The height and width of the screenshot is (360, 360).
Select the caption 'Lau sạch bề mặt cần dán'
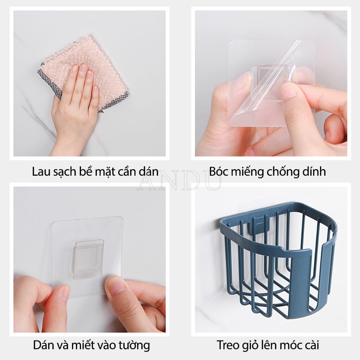click(95, 171)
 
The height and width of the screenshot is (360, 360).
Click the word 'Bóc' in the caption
click(219, 171)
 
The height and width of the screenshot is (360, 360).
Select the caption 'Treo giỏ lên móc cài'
click(268, 346)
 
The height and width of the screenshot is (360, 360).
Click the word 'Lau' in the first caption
click(40, 171)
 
